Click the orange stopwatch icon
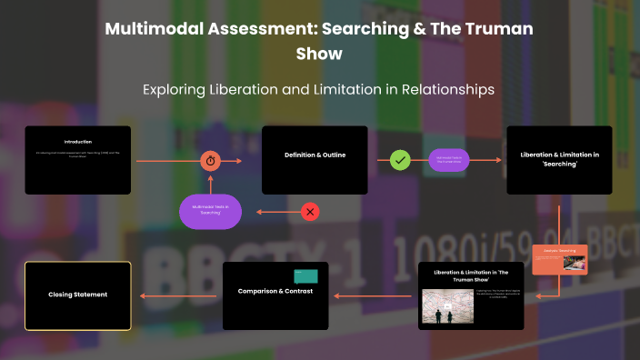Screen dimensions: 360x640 (211, 160)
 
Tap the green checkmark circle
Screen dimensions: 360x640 (400, 160)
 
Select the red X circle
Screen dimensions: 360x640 (310, 212)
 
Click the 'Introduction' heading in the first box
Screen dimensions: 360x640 (77, 142)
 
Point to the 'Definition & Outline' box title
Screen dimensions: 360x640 (314, 155)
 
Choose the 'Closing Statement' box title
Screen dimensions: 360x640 (78, 295)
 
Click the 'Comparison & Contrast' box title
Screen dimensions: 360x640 (275, 291)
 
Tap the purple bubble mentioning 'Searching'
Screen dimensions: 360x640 (210, 212)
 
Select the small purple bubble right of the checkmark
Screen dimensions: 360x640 (453, 160)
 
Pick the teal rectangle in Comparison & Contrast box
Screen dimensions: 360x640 (305, 275)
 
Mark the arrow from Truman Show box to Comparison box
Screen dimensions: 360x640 (373, 295)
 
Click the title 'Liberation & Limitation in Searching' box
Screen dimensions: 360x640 (559, 155)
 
